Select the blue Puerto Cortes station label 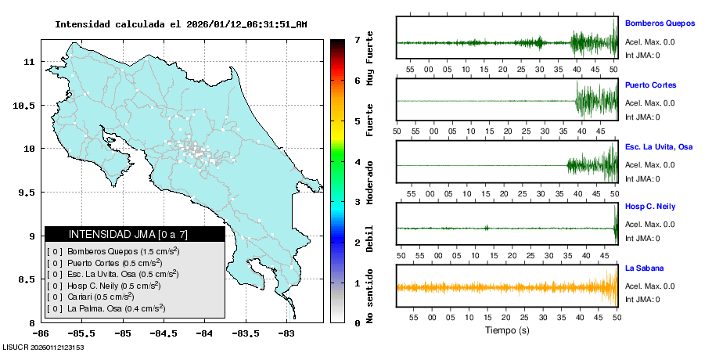[650, 85]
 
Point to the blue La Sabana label [644, 268]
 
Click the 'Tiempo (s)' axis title [506, 330]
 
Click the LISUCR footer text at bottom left [43, 347]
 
